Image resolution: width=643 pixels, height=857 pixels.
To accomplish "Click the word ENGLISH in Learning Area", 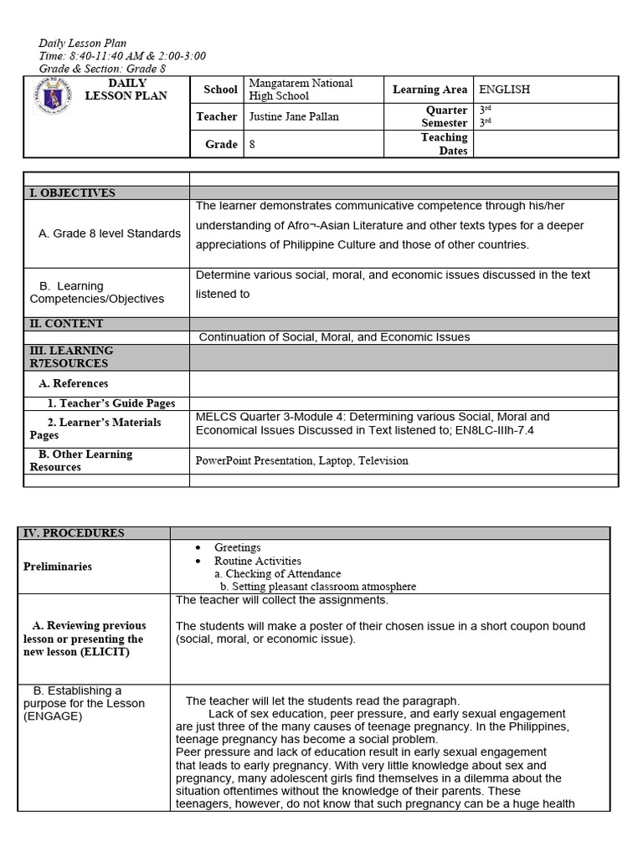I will click(504, 90).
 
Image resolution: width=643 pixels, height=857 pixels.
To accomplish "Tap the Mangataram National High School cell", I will click(301, 90).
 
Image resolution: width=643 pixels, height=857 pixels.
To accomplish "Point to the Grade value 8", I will click(252, 144).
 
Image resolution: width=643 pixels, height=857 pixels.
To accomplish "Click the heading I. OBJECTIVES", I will click(71, 193).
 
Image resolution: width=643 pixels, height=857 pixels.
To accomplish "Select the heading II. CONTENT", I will click(67, 324).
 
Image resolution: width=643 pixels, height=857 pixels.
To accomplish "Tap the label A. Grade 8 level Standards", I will click(110, 233).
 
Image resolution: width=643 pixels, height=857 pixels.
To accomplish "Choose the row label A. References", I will click(74, 383).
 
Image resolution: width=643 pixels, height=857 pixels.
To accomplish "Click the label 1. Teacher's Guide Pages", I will click(111, 403).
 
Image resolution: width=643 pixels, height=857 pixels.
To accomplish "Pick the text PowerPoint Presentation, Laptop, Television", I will click(302, 460).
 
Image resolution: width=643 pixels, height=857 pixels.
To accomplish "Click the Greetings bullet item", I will click(237, 547).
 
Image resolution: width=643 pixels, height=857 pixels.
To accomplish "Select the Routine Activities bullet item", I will click(257, 561).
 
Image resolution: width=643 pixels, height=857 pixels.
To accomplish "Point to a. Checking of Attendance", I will click(277, 574).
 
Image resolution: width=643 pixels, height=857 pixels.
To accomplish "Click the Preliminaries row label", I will click(58, 567).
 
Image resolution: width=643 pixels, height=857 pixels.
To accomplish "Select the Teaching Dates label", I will click(444, 144).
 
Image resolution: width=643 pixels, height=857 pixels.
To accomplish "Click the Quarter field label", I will click(447, 110).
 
